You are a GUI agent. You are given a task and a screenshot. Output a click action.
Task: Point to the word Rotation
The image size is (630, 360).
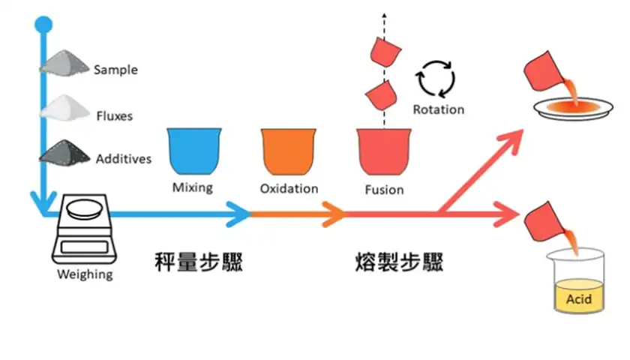[x=439, y=109]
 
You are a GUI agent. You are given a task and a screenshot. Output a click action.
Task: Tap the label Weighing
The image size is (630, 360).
[x=85, y=274]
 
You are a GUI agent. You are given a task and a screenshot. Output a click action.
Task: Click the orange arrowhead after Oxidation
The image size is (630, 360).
[x=335, y=214]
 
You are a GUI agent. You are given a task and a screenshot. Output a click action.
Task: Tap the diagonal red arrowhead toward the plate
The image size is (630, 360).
[x=514, y=139]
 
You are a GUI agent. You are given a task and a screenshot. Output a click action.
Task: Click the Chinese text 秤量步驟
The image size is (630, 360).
[x=198, y=262]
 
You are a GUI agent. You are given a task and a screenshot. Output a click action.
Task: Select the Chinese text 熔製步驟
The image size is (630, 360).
[x=399, y=262]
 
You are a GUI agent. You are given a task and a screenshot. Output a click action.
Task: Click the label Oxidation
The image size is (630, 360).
[x=289, y=188]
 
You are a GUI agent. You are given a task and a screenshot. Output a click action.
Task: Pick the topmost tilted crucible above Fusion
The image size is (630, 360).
[x=387, y=51]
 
